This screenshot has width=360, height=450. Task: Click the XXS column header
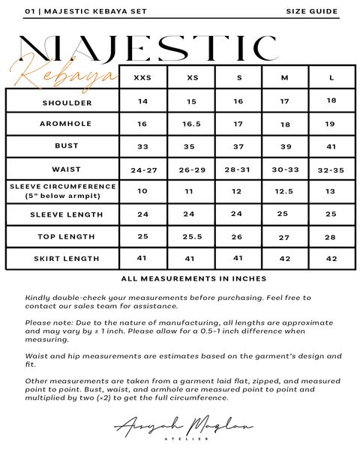(142, 77)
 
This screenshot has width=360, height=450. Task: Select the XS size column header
(192, 77)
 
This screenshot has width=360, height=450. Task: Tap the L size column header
(331, 77)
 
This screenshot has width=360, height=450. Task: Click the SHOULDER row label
(62, 101)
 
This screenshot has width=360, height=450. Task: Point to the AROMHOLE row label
(62, 124)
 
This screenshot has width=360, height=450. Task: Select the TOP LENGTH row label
(62, 236)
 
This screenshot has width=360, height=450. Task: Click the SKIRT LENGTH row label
(62, 259)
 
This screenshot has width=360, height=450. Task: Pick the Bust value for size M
(286, 146)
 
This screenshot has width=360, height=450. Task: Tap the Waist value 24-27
(142, 170)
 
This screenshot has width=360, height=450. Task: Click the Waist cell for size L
(331, 170)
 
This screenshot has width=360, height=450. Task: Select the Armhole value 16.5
(192, 124)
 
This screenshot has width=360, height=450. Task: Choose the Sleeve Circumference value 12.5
(286, 191)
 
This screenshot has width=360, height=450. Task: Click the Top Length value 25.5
(192, 236)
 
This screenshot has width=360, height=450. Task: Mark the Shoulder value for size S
(238, 101)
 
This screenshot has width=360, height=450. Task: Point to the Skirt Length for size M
(286, 259)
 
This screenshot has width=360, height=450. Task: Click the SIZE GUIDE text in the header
(312, 12)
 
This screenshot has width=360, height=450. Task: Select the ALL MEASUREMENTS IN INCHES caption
(193, 278)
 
